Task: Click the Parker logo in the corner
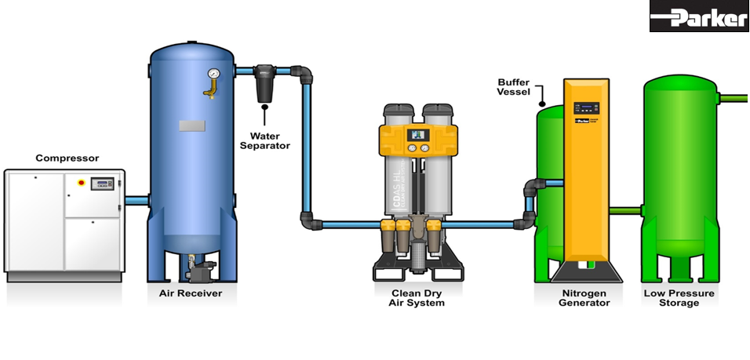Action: (x=698, y=16)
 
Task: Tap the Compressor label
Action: (x=67, y=158)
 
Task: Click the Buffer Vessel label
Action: (x=515, y=87)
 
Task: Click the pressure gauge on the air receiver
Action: (x=213, y=75)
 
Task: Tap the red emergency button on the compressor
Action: (x=81, y=182)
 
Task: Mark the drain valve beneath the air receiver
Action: (x=199, y=271)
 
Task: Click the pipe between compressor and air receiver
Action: (x=137, y=201)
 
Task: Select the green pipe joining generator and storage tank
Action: (x=625, y=210)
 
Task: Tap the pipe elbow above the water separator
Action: (x=304, y=75)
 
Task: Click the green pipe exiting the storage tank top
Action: (x=734, y=98)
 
